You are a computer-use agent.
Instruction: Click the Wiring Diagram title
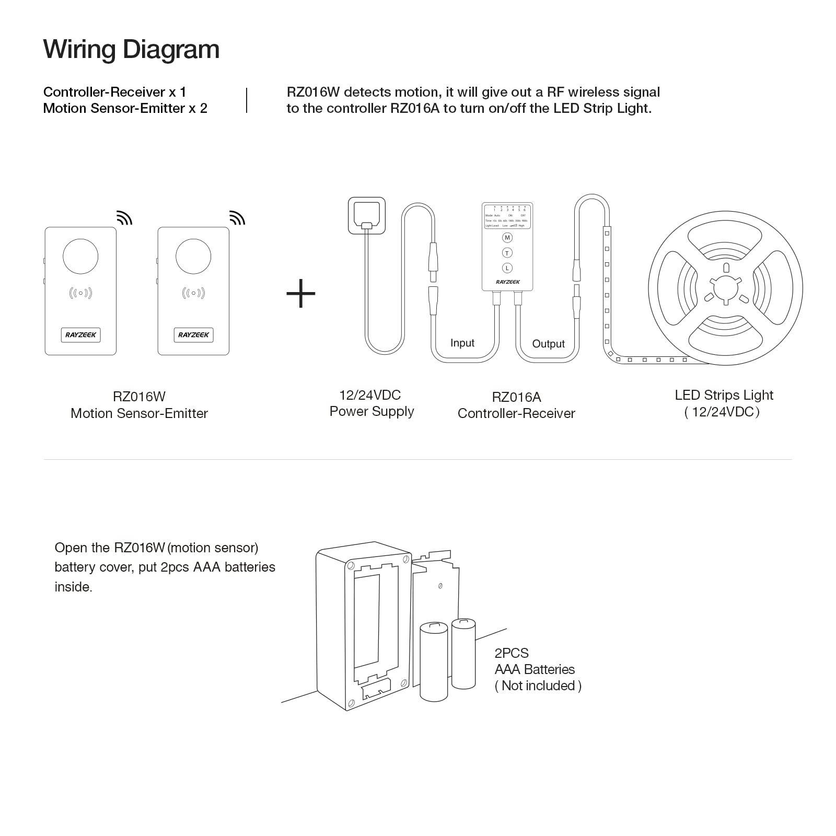click(131, 50)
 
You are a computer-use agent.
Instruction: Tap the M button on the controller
click(507, 238)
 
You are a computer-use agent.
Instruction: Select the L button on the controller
click(507, 268)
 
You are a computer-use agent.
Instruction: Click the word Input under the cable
click(462, 343)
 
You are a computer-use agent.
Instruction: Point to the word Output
click(548, 344)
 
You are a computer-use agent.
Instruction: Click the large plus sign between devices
click(301, 293)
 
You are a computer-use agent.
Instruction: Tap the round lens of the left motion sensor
click(80, 257)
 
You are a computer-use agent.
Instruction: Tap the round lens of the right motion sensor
click(193, 257)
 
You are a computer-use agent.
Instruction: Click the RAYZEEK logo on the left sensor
click(80, 335)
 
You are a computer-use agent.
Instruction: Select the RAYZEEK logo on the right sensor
click(193, 335)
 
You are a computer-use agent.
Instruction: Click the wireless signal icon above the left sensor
click(124, 218)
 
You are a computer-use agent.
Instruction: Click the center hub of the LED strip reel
click(726, 288)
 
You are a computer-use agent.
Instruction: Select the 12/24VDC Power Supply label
click(371, 403)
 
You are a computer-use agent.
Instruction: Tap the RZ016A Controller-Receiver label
click(516, 405)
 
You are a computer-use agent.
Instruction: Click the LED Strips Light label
click(724, 403)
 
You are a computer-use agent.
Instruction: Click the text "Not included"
click(538, 686)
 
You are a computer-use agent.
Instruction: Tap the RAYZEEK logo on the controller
click(508, 282)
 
